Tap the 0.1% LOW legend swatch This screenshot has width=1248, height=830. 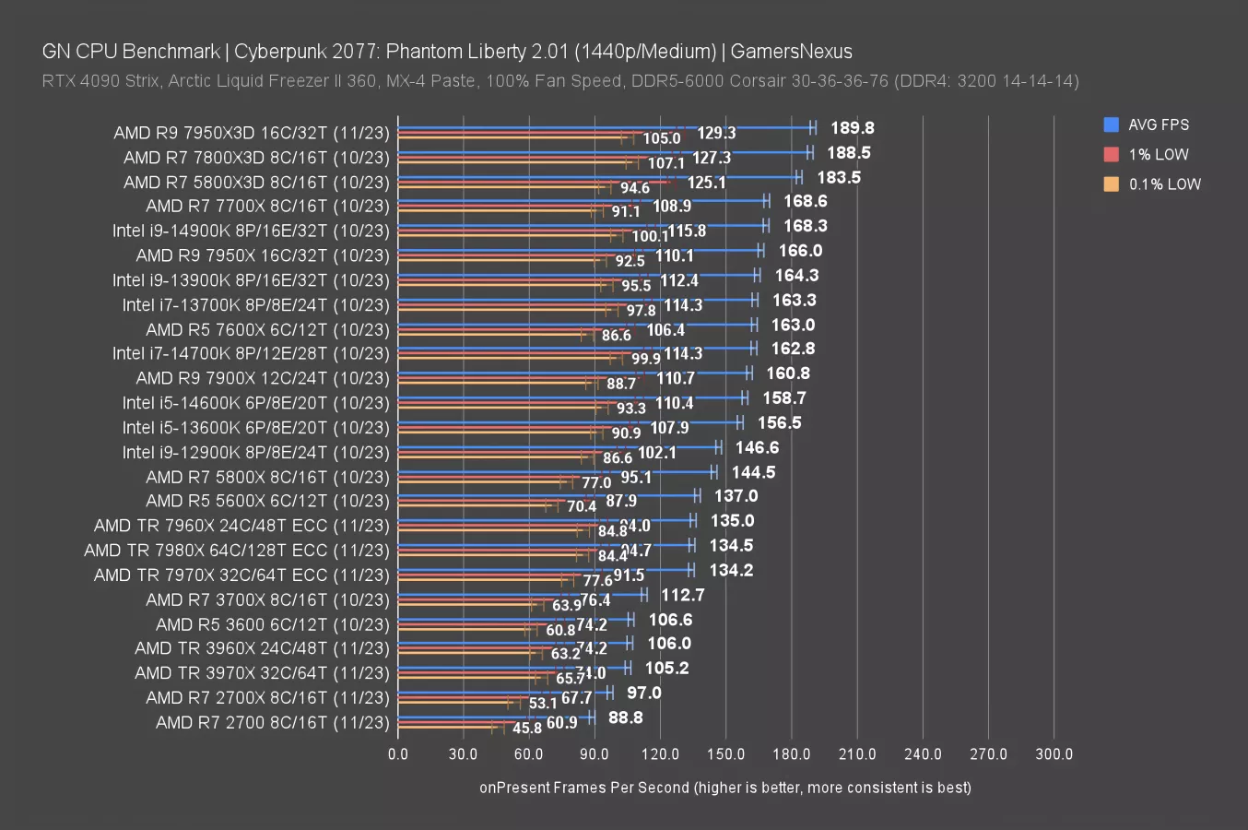(x=1111, y=184)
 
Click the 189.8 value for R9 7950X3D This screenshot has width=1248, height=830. (x=852, y=128)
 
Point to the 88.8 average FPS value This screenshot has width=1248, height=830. (x=625, y=717)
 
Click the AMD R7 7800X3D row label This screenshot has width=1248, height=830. (x=256, y=158)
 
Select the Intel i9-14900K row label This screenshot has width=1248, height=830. (x=251, y=231)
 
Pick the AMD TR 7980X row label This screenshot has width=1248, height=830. (x=237, y=551)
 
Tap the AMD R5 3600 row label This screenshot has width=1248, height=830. (x=272, y=624)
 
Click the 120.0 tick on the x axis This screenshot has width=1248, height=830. (x=660, y=754)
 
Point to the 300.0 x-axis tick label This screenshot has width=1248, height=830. (x=1054, y=754)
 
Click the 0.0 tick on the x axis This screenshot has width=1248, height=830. (x=398, y=754)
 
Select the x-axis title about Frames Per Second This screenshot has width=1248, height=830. (x=724, y=788)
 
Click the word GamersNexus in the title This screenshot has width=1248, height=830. (x=791, y=52)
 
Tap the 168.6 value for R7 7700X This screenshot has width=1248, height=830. (x=805, y=201)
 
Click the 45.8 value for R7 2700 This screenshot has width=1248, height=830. (x=526, y=729)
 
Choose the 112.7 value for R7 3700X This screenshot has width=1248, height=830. (x=682, y=595)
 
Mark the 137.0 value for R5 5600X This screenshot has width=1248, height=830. (x=736, y=496)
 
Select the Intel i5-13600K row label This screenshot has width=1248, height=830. (x=256, y=428)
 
